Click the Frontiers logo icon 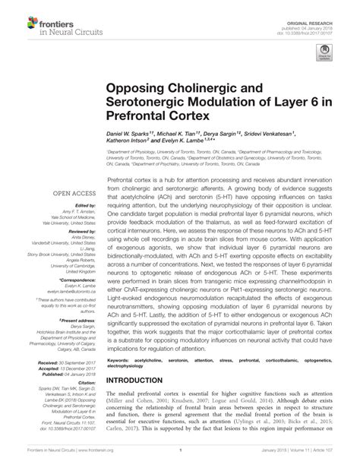17,16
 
